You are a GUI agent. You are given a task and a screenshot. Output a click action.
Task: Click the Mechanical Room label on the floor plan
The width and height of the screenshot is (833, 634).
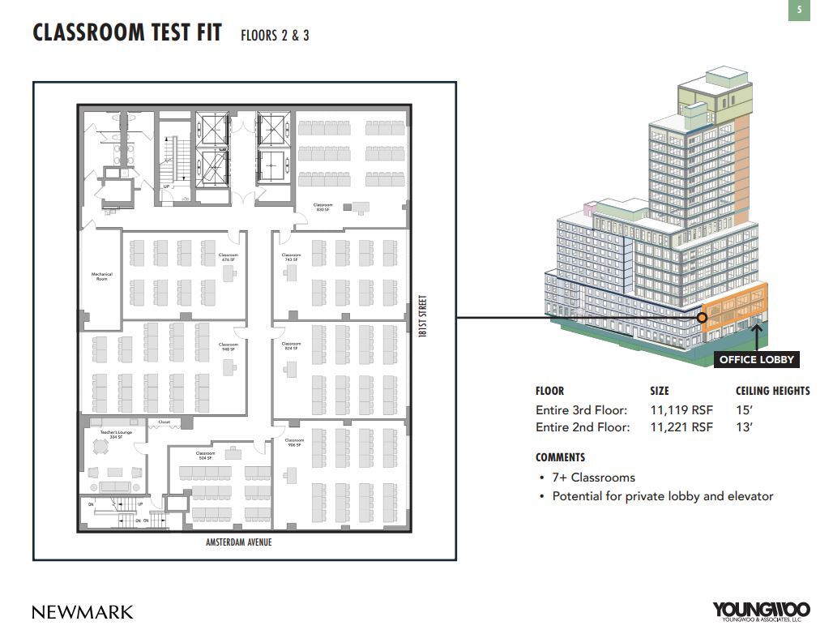[102, 276]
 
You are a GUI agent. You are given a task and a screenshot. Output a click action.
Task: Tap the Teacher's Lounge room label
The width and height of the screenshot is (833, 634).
[116, 435]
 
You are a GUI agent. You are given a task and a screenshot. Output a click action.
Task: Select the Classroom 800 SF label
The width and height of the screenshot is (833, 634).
[323, 208]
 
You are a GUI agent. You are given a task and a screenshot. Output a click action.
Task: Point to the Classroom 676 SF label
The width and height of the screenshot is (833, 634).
[229, 257]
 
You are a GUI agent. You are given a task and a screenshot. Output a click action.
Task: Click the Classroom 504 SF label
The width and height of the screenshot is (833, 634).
[205, 456]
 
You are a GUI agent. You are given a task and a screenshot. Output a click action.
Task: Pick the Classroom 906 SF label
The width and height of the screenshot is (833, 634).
[294, 443]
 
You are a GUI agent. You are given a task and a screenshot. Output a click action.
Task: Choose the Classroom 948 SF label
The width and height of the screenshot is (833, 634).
[229, 347]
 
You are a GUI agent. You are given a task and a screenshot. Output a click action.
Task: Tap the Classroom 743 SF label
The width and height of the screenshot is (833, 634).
[292, 257]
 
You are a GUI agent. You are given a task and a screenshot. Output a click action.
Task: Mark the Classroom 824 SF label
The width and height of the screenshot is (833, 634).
[292, 346]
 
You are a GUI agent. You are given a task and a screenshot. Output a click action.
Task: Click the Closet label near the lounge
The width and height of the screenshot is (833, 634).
[164, 422]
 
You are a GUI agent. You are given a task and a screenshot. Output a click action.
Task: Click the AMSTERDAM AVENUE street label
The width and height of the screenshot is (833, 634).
[239, 542]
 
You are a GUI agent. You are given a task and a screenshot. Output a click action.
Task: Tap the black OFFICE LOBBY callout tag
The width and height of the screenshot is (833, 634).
[757, 359]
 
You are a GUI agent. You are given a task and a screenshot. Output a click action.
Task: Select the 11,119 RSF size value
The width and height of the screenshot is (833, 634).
[681, 410]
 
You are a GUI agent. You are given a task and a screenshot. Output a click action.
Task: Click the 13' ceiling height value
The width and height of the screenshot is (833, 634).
[744, 427]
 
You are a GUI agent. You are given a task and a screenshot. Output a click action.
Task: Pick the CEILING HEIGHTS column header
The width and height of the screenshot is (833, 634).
[772, 391]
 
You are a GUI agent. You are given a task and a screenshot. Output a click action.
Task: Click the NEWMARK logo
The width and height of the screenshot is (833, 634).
[83, 612]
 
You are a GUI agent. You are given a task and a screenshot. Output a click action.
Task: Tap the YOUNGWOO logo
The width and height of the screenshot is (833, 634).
[761, 610]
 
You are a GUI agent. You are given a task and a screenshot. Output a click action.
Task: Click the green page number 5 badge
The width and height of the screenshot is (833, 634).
[799, 11]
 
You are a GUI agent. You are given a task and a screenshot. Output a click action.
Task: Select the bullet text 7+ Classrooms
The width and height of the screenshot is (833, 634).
[593, 478]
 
